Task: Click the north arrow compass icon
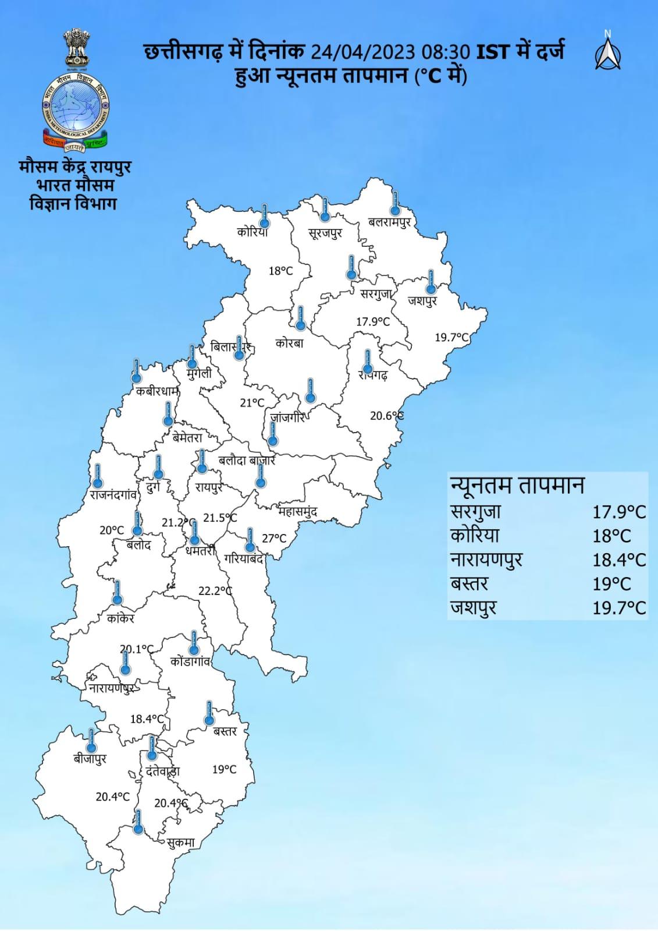coord(607,51)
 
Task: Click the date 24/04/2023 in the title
coord(362,52)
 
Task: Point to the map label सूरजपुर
coord(325,233)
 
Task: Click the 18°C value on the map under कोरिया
coord(280,271)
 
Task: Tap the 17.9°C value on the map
coord(373,321)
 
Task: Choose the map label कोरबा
coord(289,344)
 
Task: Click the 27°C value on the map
coord(274,539)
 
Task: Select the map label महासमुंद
coord(297,512)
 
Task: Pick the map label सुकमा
coord(180,842)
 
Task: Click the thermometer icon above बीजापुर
coord(91,740)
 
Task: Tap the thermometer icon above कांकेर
coord(117,592)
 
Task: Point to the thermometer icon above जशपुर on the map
coord(431,281)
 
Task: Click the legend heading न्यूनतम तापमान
coord(517,485)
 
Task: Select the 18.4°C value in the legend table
coord(619,560)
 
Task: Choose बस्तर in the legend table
coord(470,583)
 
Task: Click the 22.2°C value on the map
coord(215,591)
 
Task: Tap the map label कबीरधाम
coord(157,391)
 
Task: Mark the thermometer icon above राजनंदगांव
coord(98,476)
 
